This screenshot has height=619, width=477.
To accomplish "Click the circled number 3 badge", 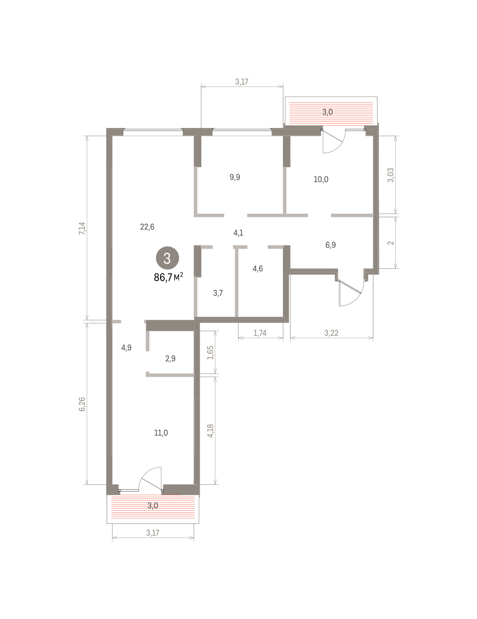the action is click(x=167, y=258).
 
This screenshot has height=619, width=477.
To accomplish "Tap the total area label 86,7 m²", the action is click(x=168, y=277).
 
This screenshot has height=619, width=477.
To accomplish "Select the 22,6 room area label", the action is click(x=147, y=227).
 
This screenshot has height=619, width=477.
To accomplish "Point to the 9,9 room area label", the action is click(x=235, y=177).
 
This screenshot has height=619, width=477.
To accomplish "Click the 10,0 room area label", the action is click(x=321, y=180).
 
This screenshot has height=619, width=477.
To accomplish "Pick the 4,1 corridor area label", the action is click(x=238, y=233).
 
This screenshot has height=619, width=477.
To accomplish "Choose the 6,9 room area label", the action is click(x=330, y=245).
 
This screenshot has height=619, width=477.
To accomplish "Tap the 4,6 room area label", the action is click(x=258, y=269).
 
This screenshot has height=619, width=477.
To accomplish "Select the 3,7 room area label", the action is click(x=218, y=293).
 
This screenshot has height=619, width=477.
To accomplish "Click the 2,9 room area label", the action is click(x=170, y=359).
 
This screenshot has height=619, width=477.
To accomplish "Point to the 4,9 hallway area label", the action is click(x=126, y=348).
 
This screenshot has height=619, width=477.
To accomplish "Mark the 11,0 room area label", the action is click(x=161, y=433).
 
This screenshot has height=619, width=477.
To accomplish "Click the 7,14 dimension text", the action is click(x=82, y=228).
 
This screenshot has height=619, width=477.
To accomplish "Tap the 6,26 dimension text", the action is click(x=82, y=404).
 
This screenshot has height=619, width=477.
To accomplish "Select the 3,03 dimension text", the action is click(x=391, y=175).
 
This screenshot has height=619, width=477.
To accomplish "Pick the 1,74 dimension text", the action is click(x=260, y=333).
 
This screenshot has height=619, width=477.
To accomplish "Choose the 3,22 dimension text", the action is click(x=331, y=333).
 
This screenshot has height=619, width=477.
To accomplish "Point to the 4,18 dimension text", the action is click(x=210, y=431).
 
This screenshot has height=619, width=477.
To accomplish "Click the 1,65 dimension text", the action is click(x=210, y=353).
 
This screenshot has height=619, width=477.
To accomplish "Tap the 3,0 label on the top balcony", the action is click(x=327, y=112).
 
